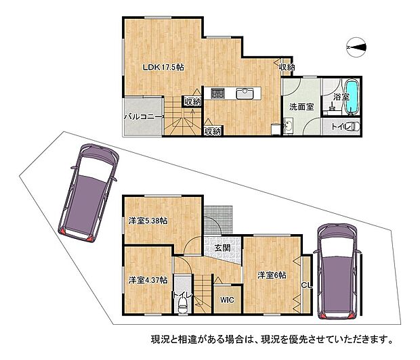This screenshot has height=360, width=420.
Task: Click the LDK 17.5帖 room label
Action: tap(163, 68)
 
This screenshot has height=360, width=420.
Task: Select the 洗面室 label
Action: tap(301, 107)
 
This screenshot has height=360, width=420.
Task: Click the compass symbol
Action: tap(356, 47)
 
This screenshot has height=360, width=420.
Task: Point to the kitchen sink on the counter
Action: tap(245, 94)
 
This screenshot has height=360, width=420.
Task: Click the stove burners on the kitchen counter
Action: tap(217, 93)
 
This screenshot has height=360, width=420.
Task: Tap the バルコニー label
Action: tap(144, 117)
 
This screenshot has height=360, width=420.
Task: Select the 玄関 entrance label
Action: tap(223, 248)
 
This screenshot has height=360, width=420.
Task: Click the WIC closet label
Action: tap(227, 300)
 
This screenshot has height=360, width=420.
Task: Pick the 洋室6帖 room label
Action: tap(272, 275)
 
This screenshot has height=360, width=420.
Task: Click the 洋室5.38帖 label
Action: tap(148, 221)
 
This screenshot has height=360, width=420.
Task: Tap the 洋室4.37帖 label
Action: tap(148, 280)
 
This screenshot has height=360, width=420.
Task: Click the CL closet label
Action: tap(307, 286)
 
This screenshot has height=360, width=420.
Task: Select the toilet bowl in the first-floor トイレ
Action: tap(183, 305)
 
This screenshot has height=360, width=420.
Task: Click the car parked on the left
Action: tap(88, 193)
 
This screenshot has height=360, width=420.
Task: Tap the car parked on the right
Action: tap(337, 271)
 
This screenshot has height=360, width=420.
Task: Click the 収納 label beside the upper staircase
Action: tap(192, 102)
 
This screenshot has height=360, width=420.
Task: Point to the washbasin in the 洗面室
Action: tap(288, 126)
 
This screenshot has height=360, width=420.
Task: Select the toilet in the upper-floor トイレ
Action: tap(354, 127)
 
